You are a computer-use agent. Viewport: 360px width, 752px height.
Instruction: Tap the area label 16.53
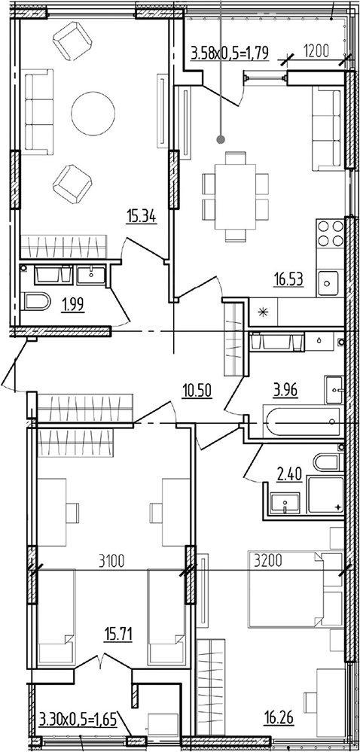click(x=288, y=279)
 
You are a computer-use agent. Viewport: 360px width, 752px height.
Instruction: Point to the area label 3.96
click(x=285, y=391)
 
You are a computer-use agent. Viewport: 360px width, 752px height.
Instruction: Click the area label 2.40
click(x=289, y=476)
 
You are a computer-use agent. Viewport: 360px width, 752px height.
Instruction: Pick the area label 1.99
click(x=72, y=305)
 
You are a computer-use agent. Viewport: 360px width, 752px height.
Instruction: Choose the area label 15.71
click(x=118, y=636)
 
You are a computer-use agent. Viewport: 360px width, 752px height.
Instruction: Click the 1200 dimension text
click(x=316, y=51)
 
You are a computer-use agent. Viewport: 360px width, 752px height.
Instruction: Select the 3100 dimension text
click(x=111, y=559)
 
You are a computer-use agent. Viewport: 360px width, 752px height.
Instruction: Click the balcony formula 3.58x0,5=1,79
click(x=230, y=51)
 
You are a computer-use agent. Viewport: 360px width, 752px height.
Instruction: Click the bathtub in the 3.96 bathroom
click(x=304, y=422)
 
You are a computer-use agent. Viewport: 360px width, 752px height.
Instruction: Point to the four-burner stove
click(x=331, y=233)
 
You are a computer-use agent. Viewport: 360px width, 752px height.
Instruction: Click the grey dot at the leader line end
click(x=221, y=140)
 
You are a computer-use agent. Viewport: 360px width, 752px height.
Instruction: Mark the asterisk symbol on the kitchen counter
click(x=263, y=312)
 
